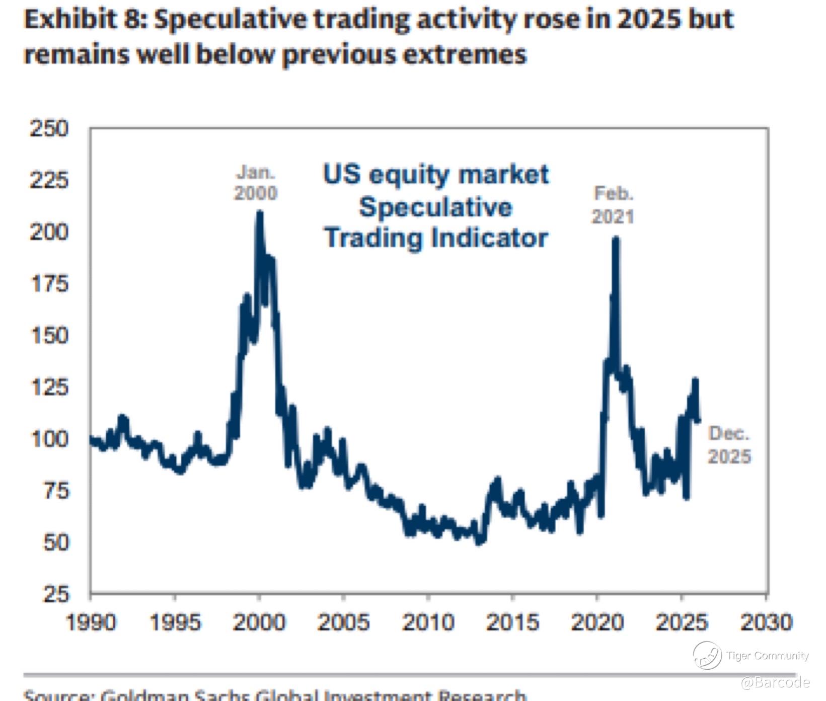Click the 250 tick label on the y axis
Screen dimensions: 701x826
coord(49,128)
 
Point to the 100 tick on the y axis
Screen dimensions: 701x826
coord(49,439)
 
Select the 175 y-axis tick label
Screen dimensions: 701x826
coord(49,284)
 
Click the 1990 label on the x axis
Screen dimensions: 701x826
coord(91,622)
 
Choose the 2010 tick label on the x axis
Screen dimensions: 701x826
coord(428,622)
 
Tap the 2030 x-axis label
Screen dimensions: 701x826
coord(766,622)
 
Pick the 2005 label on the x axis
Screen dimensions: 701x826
coord(343,622)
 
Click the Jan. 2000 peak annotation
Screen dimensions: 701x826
coord(256,183)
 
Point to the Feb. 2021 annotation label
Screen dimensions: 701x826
coord(613,205)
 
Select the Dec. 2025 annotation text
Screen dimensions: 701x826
coord(729,445)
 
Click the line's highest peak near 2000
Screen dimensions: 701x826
coord(259,213)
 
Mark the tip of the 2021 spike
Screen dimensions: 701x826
coord(616,240)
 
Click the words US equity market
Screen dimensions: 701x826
coord(436,175)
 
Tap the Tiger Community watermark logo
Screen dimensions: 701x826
coord(707,655)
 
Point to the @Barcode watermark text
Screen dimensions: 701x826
coord(775,682)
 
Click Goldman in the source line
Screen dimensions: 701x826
coord(144,695)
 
